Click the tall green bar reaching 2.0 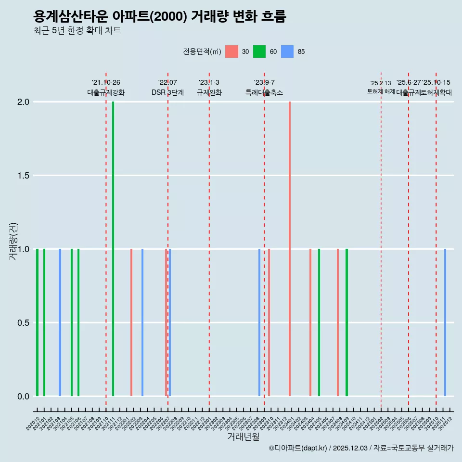(113, 248)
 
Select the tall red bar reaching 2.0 (290, 248)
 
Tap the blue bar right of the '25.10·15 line (445, 322)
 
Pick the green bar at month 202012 (37, 322)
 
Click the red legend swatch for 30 (231, 51)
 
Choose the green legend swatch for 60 (259, 51)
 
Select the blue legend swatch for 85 (287, 51)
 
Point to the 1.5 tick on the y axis (23, 176)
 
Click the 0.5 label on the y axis (23, 322)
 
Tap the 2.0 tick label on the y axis (23, 102)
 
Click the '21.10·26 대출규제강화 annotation (106, 88)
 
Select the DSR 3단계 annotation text (167, 93)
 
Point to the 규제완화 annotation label (209, 93)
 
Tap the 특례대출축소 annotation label (264, 93)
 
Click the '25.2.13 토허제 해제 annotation (381, 88)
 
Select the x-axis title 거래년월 (243, 436)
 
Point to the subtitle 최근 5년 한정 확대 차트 (77, 31)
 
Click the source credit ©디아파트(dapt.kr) (298, 449)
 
